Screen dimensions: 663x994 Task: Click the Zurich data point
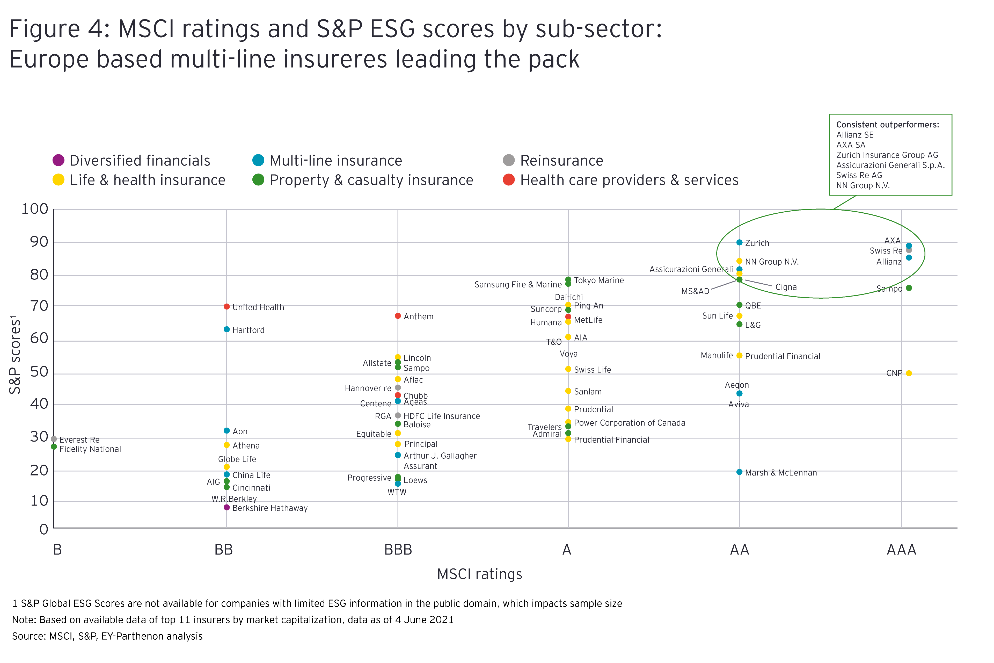[739, 242]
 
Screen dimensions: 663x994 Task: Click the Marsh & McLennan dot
[739, 472]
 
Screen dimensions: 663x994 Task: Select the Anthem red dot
[398, 316]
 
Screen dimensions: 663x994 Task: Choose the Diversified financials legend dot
[58, 160]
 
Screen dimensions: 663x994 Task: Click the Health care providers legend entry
[621, 180]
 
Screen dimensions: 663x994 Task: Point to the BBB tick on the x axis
[398, 550]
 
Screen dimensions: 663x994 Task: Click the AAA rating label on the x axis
[901, 550]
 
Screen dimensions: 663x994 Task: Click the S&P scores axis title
[15, 355]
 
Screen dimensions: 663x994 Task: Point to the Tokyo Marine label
[598, 280]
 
